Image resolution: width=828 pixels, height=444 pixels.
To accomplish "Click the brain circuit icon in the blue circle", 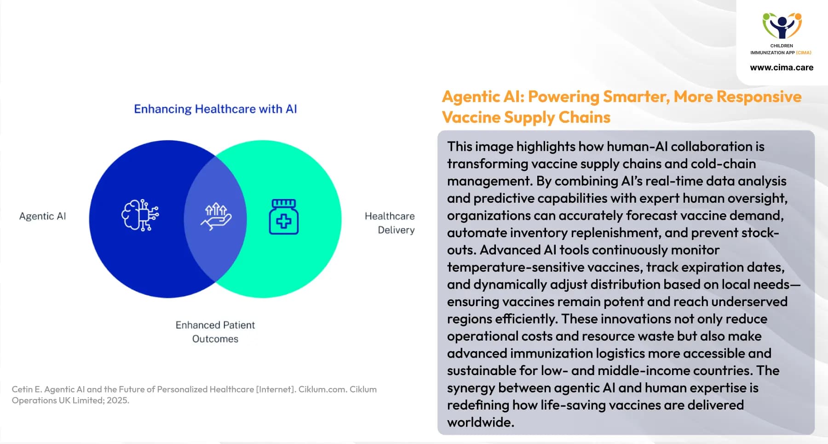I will click(140, 215).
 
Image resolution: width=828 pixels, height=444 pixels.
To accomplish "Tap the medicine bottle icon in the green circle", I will click(283, 217).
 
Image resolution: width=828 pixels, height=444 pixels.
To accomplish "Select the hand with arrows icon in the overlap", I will click(216, 216).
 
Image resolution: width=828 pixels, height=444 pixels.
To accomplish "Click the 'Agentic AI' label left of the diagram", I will click(42, 216).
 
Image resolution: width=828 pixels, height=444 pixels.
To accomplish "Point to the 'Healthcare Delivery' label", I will click(390, 223).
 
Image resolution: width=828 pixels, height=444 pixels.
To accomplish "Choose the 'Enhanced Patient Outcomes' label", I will click(215, 332).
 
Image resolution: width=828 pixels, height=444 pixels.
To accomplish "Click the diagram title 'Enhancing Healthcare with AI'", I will click(215, 109).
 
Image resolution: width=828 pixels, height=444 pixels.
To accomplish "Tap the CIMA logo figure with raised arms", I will click(782, 26).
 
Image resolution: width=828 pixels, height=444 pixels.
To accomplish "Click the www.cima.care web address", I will click(781, 68).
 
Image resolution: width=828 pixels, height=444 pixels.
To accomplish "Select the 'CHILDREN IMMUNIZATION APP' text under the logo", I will click(781, 49).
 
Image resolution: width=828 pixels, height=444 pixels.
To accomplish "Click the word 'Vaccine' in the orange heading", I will click(471, 118).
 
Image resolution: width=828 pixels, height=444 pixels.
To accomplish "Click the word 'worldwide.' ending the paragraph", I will click(480, 422).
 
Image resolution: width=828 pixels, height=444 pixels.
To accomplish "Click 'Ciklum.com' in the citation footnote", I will click(322, 389).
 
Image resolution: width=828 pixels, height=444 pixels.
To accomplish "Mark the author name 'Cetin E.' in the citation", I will click(26, 389).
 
